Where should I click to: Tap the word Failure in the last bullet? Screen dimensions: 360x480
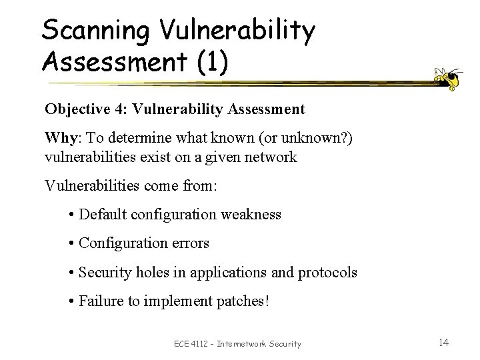point(100,302)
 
